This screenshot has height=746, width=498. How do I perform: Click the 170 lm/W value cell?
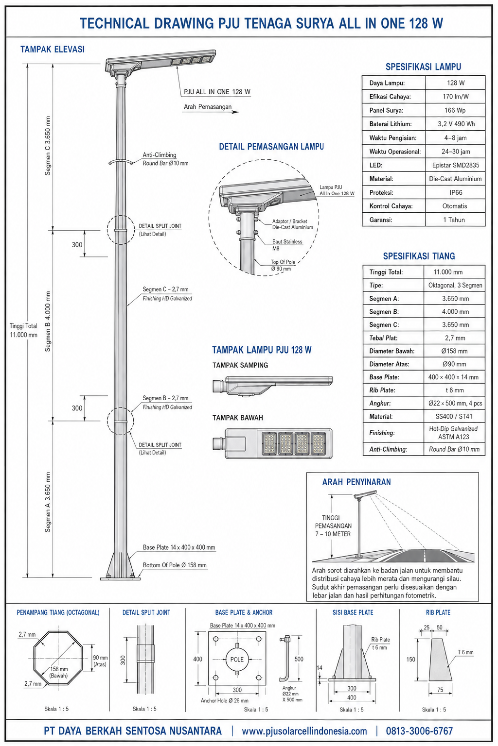(x=455, y=97)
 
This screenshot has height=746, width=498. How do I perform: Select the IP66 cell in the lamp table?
(x=455, y=192)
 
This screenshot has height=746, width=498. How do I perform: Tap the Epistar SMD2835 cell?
(x=455, y=165)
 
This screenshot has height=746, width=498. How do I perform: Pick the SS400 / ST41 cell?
(x=454, y=416)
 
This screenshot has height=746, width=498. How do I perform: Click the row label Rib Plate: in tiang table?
(x=382, y=390)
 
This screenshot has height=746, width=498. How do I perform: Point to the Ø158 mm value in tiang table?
(x=454, y=351)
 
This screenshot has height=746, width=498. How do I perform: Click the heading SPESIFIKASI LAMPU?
(x=423, y=67)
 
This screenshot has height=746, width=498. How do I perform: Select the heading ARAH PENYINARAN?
(x=356, y=482)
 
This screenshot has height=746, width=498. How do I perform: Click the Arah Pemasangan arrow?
(x=211, y=112)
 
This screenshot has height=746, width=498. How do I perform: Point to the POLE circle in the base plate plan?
(x=237, y=659)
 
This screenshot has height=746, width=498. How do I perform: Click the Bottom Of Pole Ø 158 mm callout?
(x=175, y=565)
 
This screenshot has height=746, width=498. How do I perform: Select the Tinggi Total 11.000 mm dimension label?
(x=23, y=330)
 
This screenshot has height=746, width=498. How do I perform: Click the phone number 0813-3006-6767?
(x=419, y=731)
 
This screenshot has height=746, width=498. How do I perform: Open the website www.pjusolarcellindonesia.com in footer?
(x=304, y=731)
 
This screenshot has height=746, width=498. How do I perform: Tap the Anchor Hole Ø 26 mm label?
(x=225, y=701)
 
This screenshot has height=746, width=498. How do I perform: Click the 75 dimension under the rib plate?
(x=440, y=690)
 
